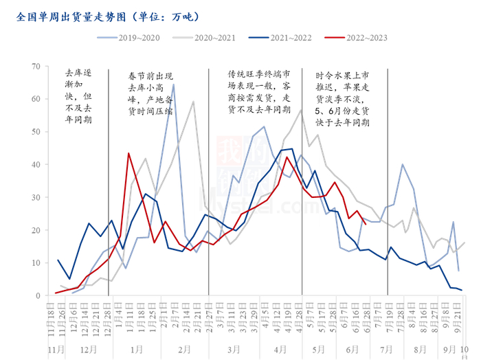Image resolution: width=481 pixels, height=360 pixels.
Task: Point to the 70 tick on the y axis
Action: click(36, 66)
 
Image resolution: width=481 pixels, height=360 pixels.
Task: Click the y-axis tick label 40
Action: click(36, 164)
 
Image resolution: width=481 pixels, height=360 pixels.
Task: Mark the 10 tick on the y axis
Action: click(36, 262)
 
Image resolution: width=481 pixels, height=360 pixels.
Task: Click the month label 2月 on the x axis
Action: click(184, 349)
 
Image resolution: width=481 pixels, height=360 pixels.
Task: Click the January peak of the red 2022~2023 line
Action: click(128, 153)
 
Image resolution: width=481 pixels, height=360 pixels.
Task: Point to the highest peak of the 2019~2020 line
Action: click(173, 85)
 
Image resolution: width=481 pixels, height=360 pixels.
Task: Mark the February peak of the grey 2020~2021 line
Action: click(193, 102)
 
